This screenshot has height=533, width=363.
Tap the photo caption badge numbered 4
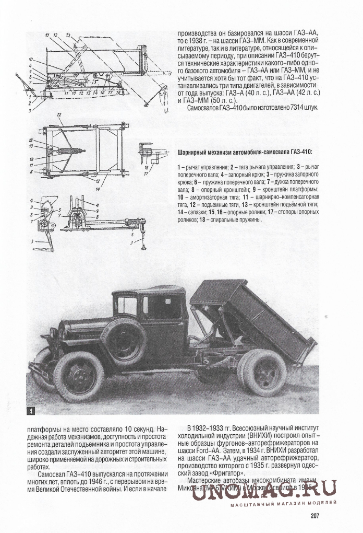coord(32,411)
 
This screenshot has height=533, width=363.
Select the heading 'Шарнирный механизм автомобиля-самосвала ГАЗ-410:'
coord(244,151)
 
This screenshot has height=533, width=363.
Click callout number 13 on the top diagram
coord(68,34)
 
